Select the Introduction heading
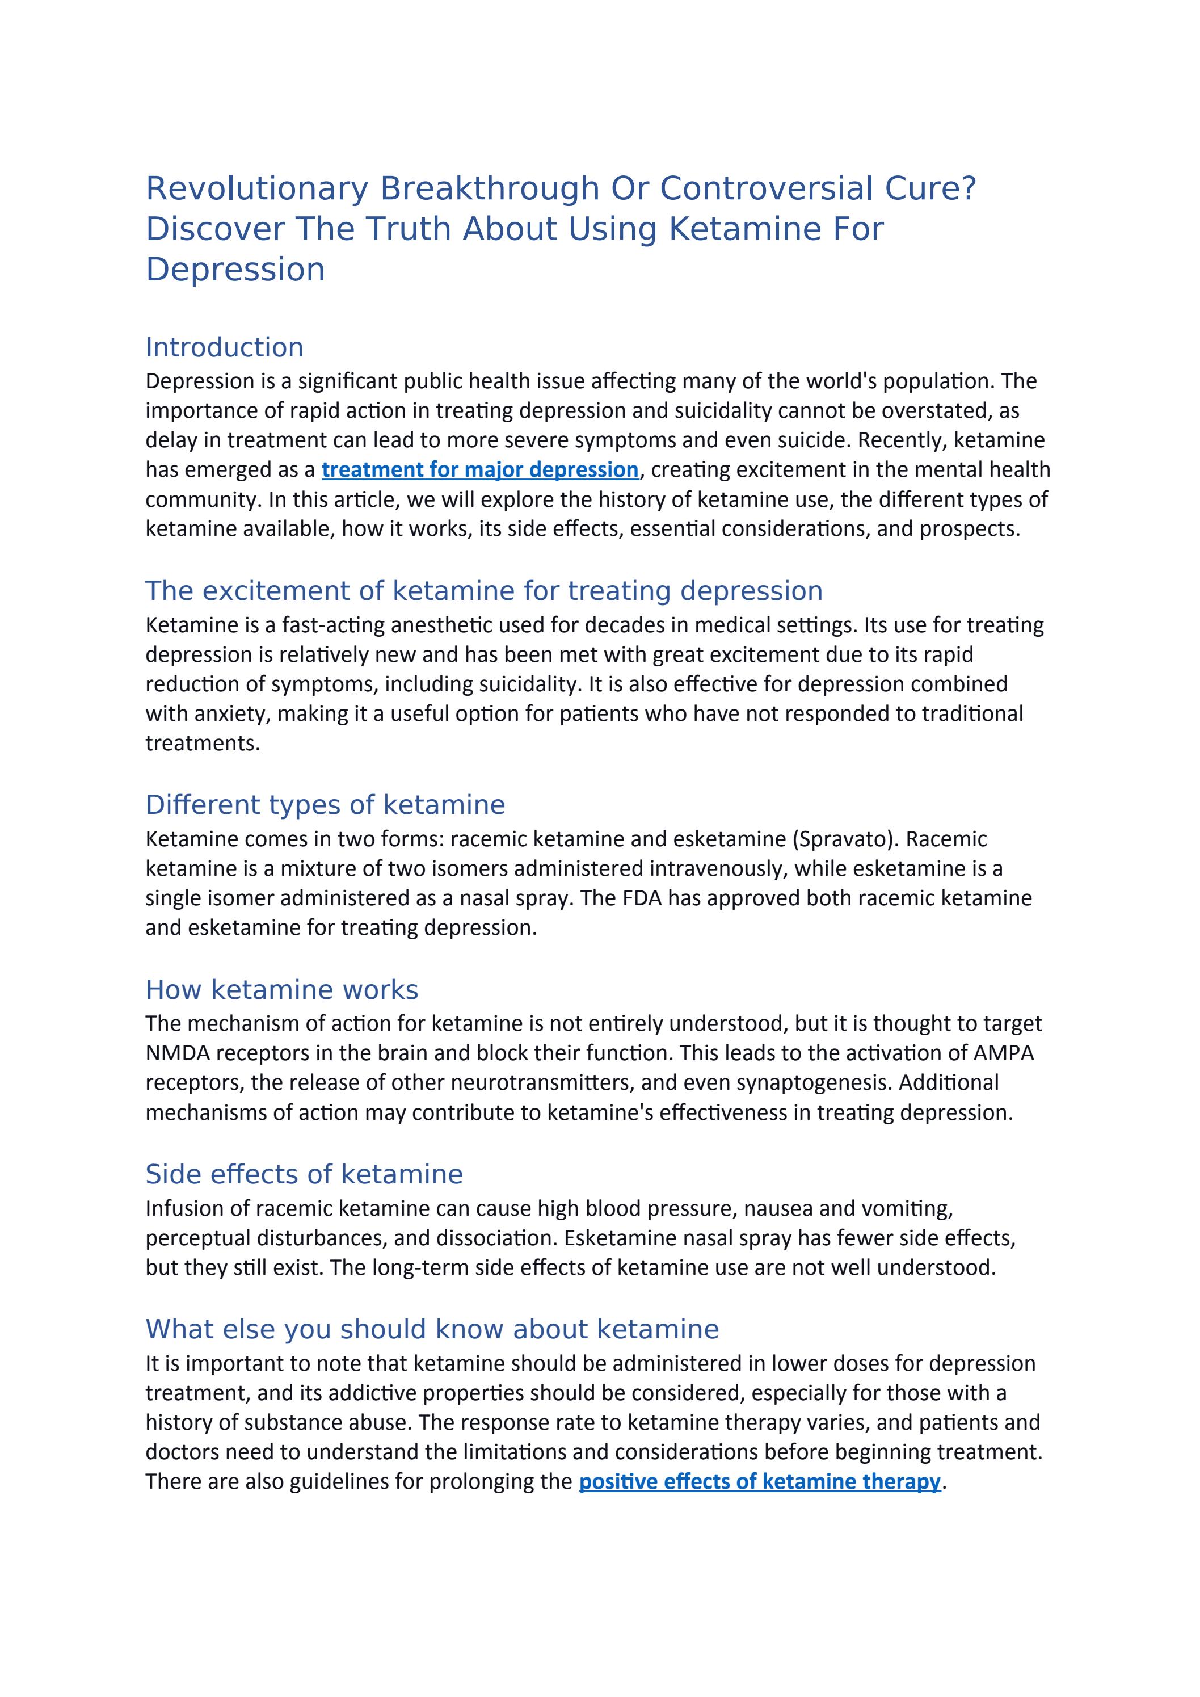[225, 347]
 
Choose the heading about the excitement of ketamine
[484, 591]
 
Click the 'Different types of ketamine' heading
[325, 805]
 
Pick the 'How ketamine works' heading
[281, 990]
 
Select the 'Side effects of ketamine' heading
[304, 1174]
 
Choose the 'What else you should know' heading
[432, 1329]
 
